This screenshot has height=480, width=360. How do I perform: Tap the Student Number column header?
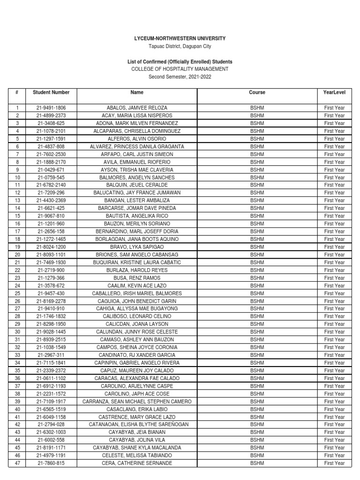(x=51, y=92)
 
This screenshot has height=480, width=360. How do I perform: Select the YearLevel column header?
(x=334, y=92)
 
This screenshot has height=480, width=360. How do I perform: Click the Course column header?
(x=257, y=92)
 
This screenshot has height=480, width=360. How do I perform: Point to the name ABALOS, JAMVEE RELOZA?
(x=137, y=108)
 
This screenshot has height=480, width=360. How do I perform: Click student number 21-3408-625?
(x=51, y=123)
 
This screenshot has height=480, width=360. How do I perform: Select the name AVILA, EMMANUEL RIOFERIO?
(x=137, y=162)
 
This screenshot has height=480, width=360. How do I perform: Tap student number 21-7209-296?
(x=51, y=193)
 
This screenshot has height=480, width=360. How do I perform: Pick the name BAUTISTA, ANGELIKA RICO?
(x=137, y=216)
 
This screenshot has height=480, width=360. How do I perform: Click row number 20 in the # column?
(x=17, y=255)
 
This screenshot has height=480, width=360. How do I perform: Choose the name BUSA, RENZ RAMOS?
(x=137, y=277)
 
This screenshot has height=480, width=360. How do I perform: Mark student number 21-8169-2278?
(x=51, y=301)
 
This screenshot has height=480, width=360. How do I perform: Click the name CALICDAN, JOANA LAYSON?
(x=137, y=324)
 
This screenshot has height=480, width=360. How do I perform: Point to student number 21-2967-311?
(x=51, y=355)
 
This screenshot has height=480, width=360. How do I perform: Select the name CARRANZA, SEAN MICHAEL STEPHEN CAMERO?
(x=137, y=401)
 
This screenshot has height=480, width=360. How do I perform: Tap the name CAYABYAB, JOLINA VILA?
(x=137, y=440)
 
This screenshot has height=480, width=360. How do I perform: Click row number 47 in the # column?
(x=17, y=463)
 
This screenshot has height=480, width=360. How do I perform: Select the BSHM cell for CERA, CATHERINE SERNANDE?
(x=257, y=463)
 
